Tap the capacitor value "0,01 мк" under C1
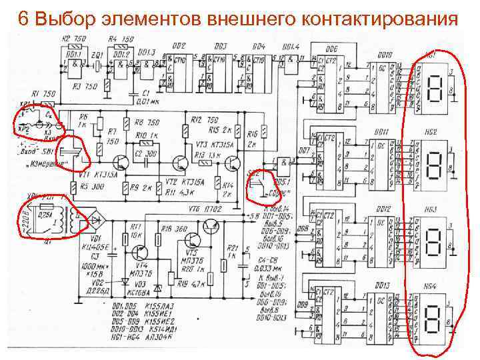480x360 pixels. (x=147, y=101)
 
